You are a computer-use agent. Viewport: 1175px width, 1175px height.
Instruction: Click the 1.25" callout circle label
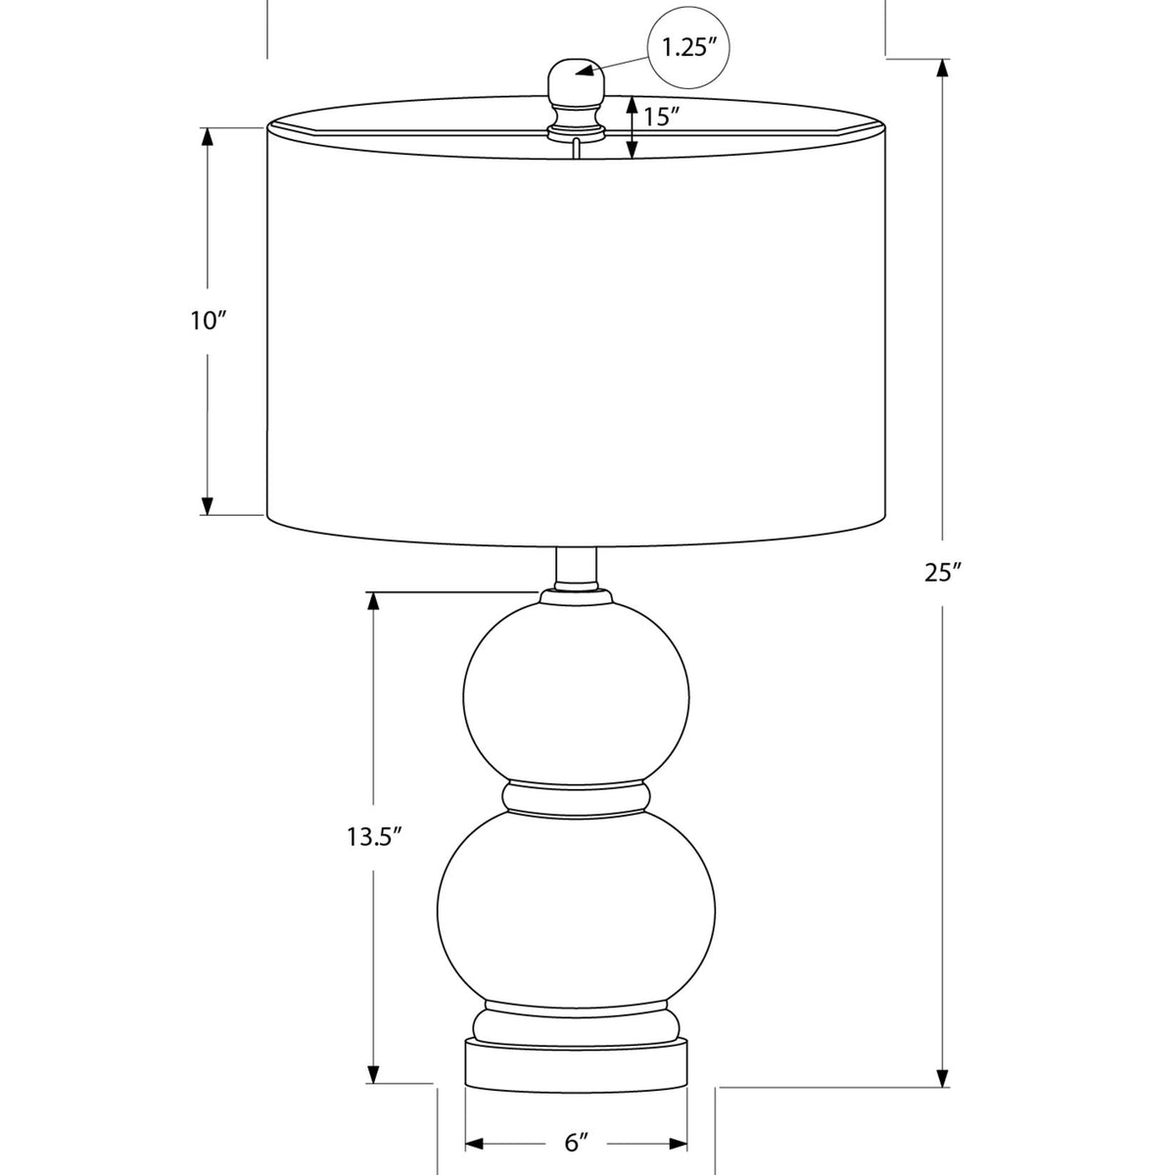pos(688,48)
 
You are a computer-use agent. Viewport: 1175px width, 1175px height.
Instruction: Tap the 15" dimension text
pos(662,117)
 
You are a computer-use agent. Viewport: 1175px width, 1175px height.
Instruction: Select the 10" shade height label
pos(209,321)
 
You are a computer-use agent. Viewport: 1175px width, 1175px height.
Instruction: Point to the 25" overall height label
pos(942,573)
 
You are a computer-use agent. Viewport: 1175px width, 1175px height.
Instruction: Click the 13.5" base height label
pos(374,836)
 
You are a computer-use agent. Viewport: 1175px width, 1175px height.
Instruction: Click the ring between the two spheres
pos(576,799)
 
